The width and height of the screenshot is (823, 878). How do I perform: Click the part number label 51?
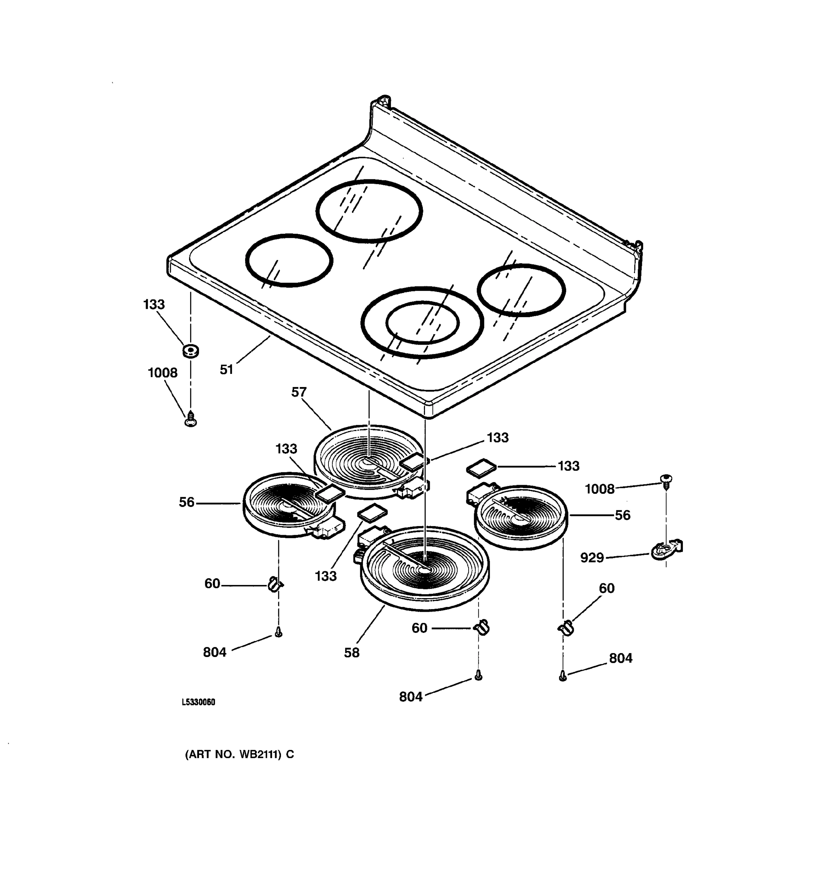226,369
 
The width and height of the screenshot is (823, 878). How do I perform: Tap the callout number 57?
298,392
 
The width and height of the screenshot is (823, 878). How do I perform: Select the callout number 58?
352,652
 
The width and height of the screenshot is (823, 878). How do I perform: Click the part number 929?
591,558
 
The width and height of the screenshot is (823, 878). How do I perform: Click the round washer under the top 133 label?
190,351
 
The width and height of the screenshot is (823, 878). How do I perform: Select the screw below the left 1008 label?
190,419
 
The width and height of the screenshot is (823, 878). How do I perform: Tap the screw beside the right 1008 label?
666,480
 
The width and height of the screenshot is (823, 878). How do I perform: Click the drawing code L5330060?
198,703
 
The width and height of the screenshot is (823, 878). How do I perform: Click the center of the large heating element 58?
425,570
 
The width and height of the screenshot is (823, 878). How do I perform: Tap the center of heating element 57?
369,462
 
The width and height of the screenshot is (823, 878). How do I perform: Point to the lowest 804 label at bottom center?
411,697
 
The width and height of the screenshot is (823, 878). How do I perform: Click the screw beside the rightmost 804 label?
563,676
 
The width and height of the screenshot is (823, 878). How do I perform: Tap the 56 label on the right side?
622,515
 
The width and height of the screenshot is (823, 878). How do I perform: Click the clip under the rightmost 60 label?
565,627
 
